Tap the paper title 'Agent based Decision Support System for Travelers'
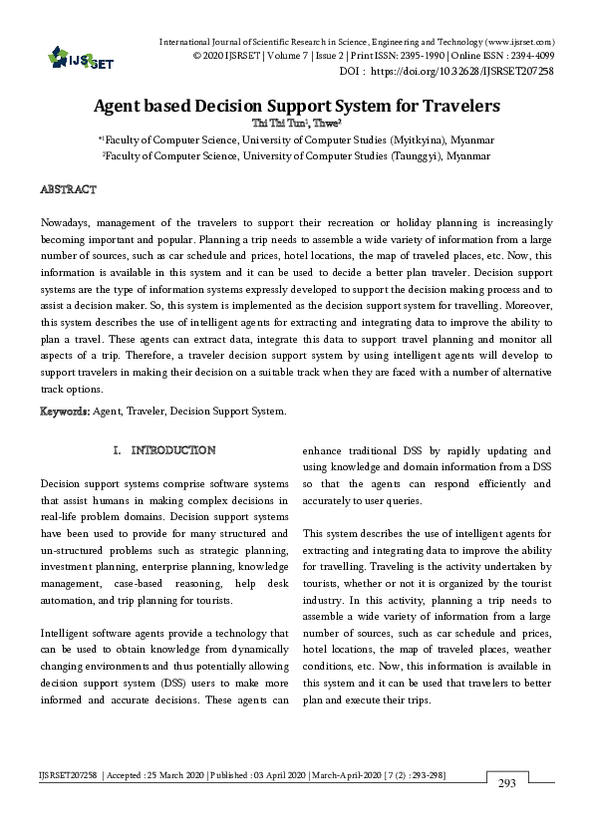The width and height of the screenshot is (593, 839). click(x=296, y=105)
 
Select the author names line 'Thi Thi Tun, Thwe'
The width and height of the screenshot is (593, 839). click(x=296, y=124)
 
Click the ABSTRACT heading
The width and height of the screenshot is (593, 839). click(x=68, y=189)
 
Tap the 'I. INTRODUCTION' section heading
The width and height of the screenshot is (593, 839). click(x=165, y=450)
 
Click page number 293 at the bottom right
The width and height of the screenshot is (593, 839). click(x=506, y=783)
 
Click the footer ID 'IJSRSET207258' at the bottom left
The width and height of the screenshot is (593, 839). click(x=66, y=773)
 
